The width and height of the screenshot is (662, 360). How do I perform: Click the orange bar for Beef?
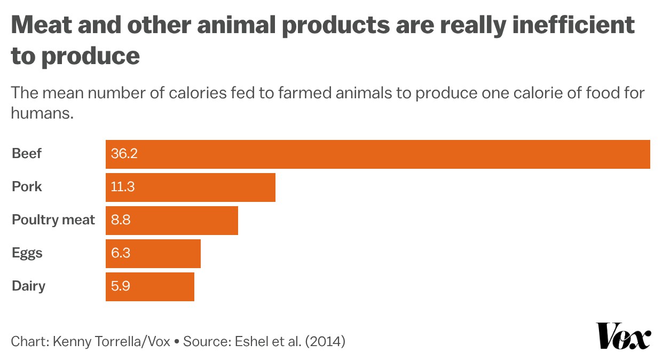tap(377, 154)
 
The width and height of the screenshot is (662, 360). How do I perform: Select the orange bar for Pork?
tap(190, 187)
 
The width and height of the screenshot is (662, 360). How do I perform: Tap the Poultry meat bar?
tap(171, 221)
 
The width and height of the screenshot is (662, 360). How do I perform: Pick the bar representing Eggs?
tap(153, 254)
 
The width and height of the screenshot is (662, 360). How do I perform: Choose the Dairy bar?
tap(149, 287)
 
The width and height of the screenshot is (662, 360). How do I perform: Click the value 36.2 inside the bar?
tap(124, 154)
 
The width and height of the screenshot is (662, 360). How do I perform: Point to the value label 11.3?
tap(122, 187)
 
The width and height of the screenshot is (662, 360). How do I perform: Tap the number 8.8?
tap(121, 221)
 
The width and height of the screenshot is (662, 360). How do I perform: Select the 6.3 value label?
tap(121, 254)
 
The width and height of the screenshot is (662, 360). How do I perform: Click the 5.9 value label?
tap(121, 287)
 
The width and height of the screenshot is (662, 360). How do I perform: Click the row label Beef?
tap(27, 154)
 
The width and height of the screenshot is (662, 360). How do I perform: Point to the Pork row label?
tap(27, 187)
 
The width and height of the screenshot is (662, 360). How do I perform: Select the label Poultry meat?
tap(53, 220)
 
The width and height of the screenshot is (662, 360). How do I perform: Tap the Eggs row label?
tap(27, 254)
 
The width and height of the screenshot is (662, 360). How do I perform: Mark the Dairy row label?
tap(29, 286)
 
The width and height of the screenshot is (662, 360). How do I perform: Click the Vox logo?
tap(623, 336)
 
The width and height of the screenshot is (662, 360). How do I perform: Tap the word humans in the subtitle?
tap(42, 113)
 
